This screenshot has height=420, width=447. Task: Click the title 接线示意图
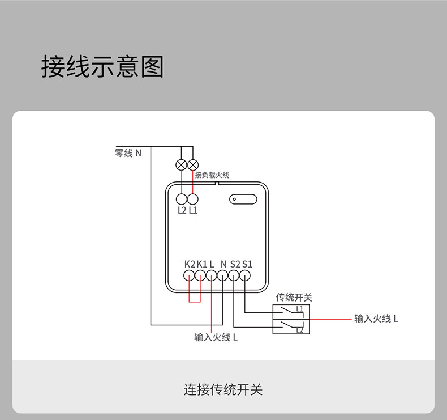pos(102,67)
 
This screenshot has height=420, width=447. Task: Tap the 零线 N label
pos(128,153)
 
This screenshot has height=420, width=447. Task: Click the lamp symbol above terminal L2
pos(181,165)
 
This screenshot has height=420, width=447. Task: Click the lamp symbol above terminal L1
pos(193,165)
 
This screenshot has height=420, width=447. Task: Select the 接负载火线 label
pos(212,175)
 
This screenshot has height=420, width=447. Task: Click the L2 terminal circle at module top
pos(182,200)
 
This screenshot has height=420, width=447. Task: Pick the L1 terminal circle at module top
pos(193,200)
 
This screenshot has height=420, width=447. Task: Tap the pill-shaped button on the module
pos(243,200)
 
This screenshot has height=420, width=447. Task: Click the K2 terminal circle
pos(189,276)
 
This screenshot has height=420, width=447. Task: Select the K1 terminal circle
pos(200,276)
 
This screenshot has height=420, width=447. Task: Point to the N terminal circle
pos(222,276)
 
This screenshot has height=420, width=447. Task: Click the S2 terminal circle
pos(234,276)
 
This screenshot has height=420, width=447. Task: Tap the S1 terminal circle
pos(245,276)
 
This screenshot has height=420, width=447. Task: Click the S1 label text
pos(247,264)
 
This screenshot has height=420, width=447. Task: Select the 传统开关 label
pos(294,298)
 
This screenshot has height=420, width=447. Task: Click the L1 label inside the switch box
pos(300,309)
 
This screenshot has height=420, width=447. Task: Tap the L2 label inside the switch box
pos(300,330)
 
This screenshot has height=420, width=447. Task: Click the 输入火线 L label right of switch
pos(376,319)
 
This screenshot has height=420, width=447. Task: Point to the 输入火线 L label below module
pos(216,337)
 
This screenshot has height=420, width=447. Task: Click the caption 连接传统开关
pos(223,390)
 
